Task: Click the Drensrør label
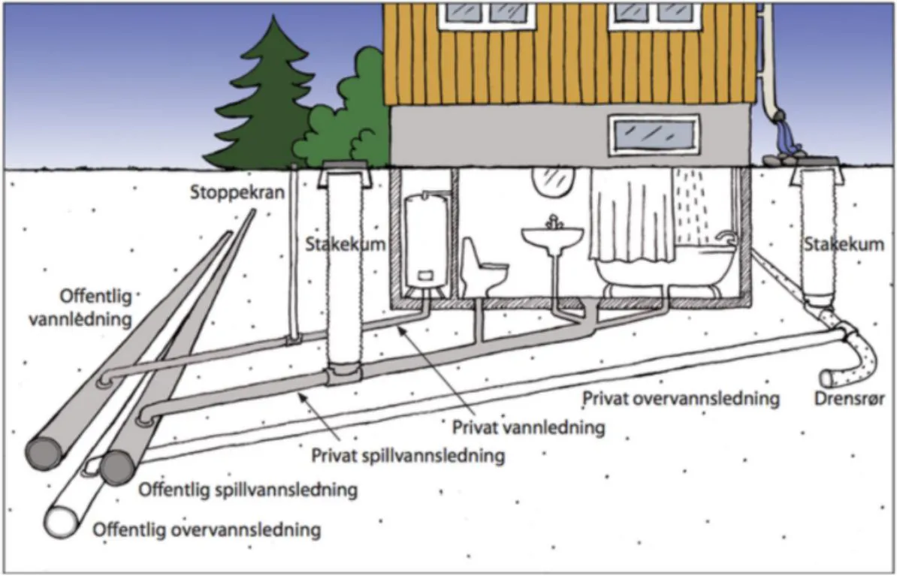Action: [x=850, y=398]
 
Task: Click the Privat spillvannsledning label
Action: [x=408, y=455]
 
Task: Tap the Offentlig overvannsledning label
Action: [x=207, y=530]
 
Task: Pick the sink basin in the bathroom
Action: [x=553, y=238]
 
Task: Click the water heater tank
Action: [x=426, y=240]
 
